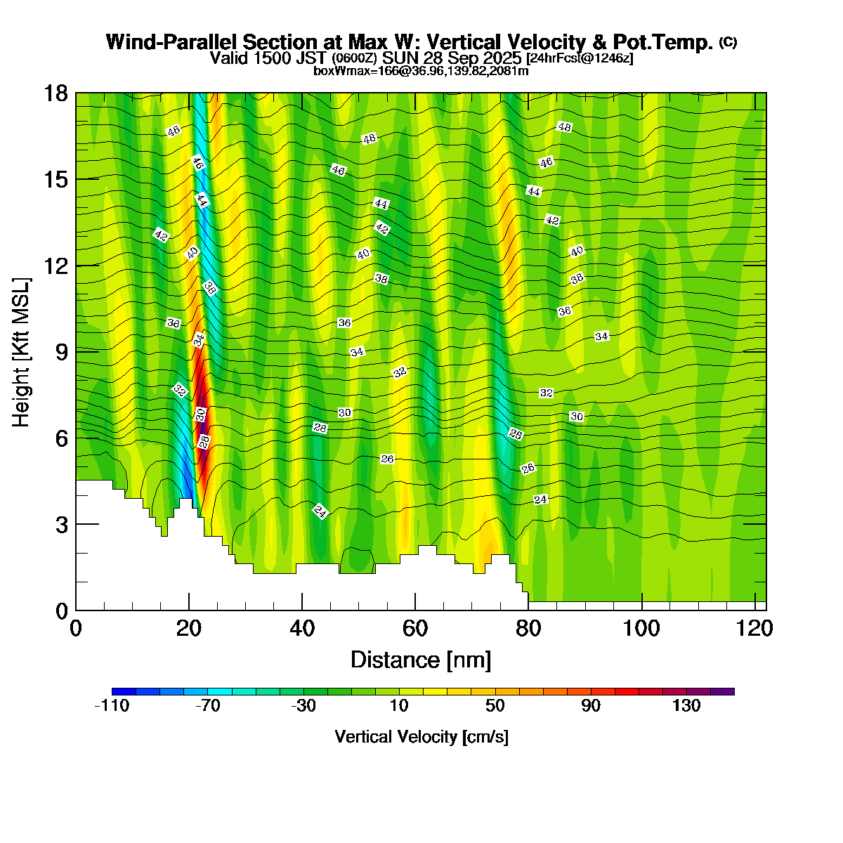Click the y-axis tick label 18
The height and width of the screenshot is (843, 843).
pyautogui.click(x=56, y=93)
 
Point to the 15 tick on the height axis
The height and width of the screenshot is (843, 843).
pyautogui.click(x=56, y=179)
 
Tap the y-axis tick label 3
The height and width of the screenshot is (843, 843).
pyautogui.click(x=62, y=524)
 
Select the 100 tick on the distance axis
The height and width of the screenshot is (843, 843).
pyautogui.click(x=643, y=627)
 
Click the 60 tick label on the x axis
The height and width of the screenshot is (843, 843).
pyautogui.click(x=415, y=627)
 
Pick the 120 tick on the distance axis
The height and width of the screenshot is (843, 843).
pyautogui.click(x=756, y=627)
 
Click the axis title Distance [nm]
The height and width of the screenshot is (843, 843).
pyautogui.click(x=420, y=660)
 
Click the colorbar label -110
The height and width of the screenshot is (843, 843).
pyautogui.click(x=112, y=706)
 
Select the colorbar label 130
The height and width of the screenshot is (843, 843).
pyautogui.click(x=686, y=706)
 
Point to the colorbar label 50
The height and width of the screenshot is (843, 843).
pyautogui.click(x=495, y=706)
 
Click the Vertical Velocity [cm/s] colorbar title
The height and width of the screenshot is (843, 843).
pyautogui.click(x=421, y=737)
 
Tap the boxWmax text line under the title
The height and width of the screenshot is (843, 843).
pyautogui.click(x=421, y=70)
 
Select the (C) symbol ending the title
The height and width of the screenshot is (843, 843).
pyautogui.click(x=728, y=42)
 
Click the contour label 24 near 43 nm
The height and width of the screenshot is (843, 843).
pyautogui.click(x=320, y=511)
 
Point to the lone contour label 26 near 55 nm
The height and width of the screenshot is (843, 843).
pyautogui.click(x=387, y=459)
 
